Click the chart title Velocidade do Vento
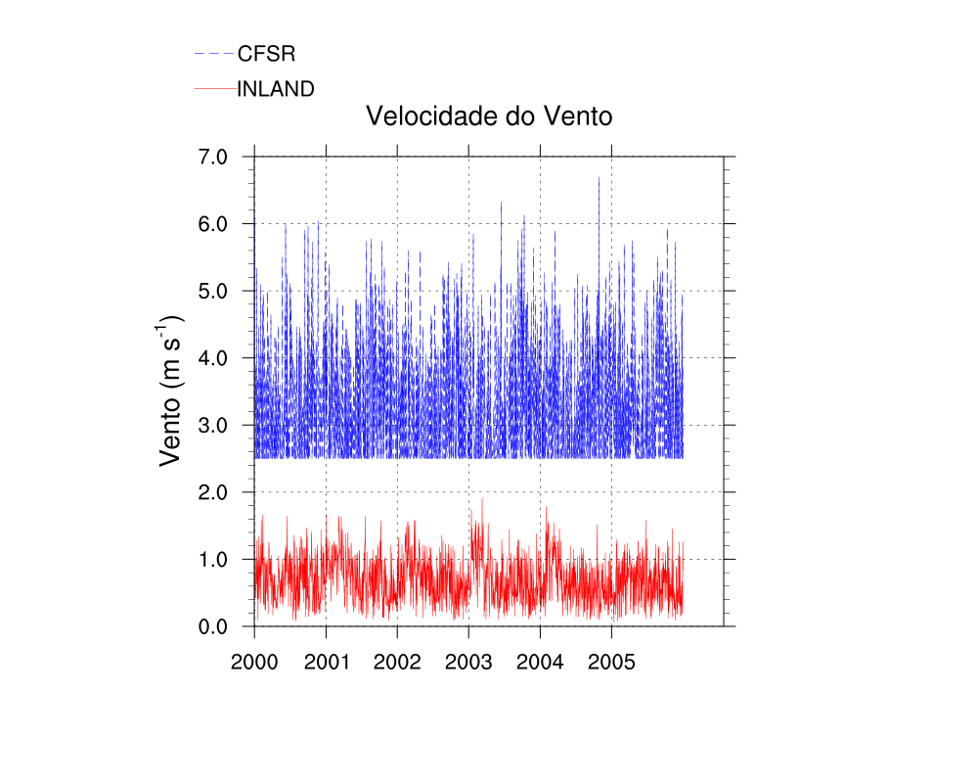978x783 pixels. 488,116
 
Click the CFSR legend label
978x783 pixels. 266,54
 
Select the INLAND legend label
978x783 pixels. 276,89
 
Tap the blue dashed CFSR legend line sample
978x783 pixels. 215,53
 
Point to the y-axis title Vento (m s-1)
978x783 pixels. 171,390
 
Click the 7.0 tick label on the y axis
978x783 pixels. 213,157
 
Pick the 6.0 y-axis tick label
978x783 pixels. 213,224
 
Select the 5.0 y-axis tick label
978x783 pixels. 213,291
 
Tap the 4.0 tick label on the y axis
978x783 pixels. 213,358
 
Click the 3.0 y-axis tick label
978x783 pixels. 213,425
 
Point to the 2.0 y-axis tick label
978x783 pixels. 213,492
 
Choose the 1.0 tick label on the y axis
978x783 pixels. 213,559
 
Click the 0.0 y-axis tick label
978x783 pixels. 213,626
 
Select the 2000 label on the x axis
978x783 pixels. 254,662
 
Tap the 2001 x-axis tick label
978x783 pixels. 326,662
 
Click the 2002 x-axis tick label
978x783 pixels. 397,662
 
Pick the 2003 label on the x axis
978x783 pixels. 468,662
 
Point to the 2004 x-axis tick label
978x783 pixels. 540,662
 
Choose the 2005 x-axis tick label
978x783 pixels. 611,662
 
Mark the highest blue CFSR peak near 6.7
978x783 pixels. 599,178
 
